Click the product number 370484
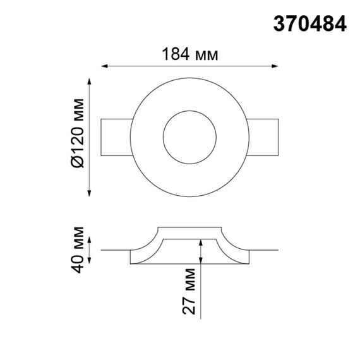[x=309, y=24]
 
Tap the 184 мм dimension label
[x=190, y=54]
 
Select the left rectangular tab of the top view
[x=117, y=135]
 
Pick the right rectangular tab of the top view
[x=263, y=135]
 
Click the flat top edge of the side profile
[x=190, y=227]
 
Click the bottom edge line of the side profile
[x=190, y=264]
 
